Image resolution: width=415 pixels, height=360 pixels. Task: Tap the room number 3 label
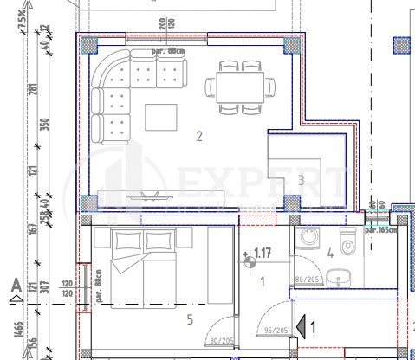click(301, 180)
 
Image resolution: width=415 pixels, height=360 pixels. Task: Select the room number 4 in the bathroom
click(329, 253)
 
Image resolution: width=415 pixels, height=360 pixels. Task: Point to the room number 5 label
click(191, 318)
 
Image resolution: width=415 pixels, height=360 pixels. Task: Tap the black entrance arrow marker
click(302, 326)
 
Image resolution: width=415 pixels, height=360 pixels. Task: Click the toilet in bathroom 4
click(348, 246)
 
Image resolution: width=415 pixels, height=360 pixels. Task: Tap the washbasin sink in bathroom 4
click(340, 277)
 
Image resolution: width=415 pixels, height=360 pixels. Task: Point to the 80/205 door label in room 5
click(223, 340)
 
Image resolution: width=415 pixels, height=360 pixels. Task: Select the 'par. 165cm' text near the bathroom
click(380, 230)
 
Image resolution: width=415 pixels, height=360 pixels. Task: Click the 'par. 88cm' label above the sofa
click(167, 51)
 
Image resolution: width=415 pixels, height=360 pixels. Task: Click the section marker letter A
click(15, 284)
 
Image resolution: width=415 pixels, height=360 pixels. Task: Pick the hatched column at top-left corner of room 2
click(88, 44)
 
